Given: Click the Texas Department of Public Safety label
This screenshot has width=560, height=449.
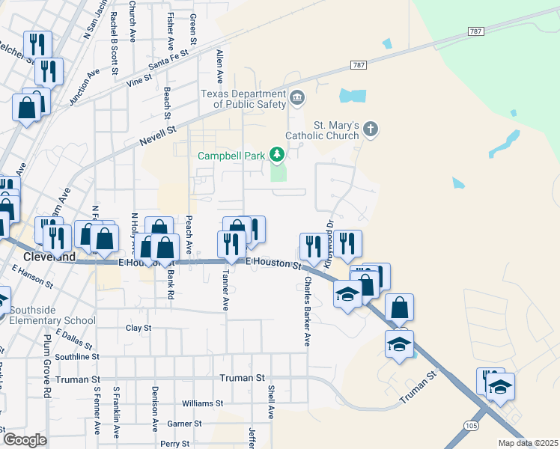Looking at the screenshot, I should (243, 99).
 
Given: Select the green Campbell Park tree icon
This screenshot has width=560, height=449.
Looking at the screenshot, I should (278, 155).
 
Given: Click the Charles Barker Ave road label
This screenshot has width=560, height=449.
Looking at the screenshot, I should (306, 311).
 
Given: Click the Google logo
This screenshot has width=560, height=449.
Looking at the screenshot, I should (25, 440).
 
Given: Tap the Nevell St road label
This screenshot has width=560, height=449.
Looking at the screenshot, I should (158, 135).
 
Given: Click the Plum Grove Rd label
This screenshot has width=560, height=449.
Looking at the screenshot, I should (47, 366).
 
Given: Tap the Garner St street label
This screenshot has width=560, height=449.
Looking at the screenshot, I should (184, 424).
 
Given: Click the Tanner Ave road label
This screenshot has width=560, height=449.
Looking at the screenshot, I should (224, 290).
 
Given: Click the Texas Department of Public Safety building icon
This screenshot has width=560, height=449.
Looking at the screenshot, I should (297, 97).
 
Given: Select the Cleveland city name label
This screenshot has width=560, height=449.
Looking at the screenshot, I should (49, 257).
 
